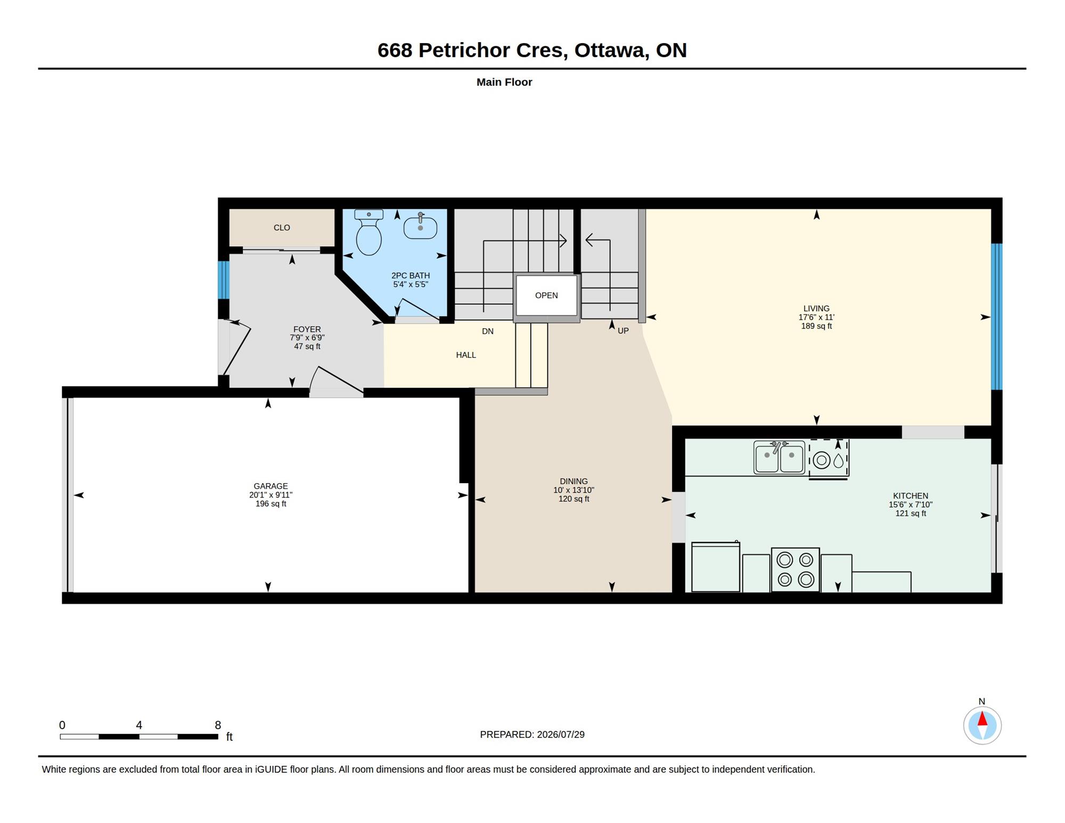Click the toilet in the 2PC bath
point(368,232)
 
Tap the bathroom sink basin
point(420,227)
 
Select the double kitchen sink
point(779,457)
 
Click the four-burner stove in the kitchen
point(795,569)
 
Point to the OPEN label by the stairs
point(546,296)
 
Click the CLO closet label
point(282,228)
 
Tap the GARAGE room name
point(271,486)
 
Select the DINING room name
point(574,482)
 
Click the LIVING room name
point(816,308)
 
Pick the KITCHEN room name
point(911,496)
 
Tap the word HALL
point(466,355)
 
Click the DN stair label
point(488,331)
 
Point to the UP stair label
point(623,331)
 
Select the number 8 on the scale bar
point(218,725)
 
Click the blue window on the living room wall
point(996,317)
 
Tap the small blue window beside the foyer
point(224,280)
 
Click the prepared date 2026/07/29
point(561,735)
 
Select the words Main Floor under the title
point(504,82)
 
